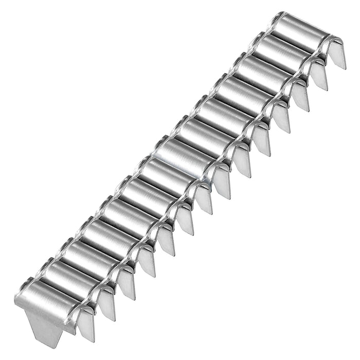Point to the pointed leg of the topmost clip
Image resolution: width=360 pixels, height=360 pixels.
(x=338, y=54)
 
